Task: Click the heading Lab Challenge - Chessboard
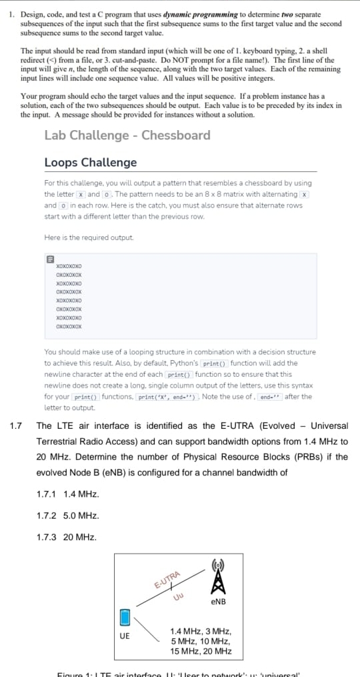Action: coord(127,135)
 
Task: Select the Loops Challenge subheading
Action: coord(90,163)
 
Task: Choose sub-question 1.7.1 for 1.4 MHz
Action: coord(68,494)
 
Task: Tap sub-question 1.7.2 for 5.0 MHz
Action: coord(68,516)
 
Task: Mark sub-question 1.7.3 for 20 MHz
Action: coord(67,537)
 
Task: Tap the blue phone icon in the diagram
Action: coord(124,617)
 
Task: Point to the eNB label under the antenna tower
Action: coord(217,602)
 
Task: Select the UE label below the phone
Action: coord(125,636)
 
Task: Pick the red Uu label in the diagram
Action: coord(178,596)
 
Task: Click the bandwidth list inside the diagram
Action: coord(201,641)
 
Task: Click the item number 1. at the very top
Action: coord(13,14)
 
